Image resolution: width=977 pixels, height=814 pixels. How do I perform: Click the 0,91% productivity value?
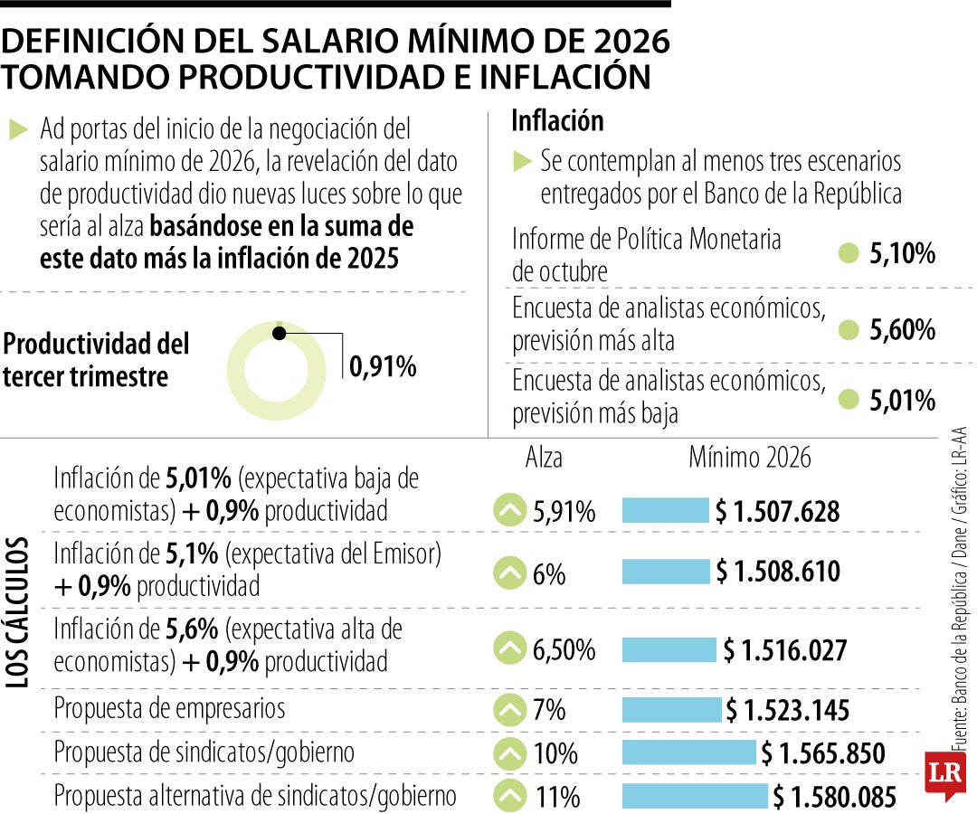tap(383, 366)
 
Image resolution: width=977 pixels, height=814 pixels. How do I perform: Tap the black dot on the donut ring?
tap(280, 334)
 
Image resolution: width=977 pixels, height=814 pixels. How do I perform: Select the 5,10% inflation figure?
tap(902, 254)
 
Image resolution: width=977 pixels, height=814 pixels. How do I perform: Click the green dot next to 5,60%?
tap(848, 330)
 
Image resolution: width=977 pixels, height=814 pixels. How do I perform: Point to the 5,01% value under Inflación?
tap(902, 400)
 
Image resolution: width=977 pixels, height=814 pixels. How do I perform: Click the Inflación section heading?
tap(557, 120)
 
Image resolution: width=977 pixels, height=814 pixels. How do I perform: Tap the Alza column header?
tap(544, 458)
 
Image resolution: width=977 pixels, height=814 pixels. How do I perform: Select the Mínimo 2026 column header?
tap(750, 458)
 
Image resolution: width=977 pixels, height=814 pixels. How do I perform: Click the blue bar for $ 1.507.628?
tap(665, 511)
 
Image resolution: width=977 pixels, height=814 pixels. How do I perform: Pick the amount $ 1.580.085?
tap(834, 797)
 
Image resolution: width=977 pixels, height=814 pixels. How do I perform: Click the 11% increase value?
tap(556, 797)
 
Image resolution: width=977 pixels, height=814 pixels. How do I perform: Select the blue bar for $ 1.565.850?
tap(688, 753)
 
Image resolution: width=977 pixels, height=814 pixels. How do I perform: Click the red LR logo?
tap(941, 774)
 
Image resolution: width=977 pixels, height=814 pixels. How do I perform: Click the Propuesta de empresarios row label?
tap(170, 707)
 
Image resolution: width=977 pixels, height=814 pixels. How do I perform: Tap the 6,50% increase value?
tap(564, 649)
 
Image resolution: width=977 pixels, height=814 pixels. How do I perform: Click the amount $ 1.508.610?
tap(778, 572)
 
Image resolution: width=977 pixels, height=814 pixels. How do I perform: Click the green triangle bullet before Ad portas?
tap(18, 129)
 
